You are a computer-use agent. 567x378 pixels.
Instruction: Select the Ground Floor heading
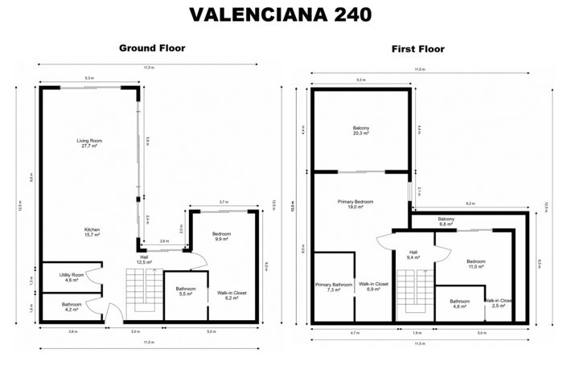coord(152,48)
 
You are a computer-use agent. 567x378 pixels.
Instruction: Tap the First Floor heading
coord(417,49)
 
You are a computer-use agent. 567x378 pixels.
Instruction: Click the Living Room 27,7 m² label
coord(89,144)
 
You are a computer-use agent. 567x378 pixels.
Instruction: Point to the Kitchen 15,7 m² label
coord(92,232)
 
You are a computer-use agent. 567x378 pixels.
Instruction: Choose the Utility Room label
coord(72,277)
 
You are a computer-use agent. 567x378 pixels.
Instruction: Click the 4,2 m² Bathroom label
coord(71,306)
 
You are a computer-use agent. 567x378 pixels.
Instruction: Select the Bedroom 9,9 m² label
coord(221,236)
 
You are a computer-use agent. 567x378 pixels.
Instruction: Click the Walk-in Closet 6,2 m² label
coord(232,296)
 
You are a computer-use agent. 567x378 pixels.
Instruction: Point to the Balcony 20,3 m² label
coord(361,130)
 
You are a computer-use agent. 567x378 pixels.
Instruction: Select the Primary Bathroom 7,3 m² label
coord(333,286)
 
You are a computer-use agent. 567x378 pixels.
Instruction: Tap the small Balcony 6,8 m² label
coord(447,222)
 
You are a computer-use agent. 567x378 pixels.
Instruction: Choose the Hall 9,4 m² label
coord(413,255)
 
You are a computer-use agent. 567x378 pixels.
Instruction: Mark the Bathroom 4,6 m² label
coord(459,304)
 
